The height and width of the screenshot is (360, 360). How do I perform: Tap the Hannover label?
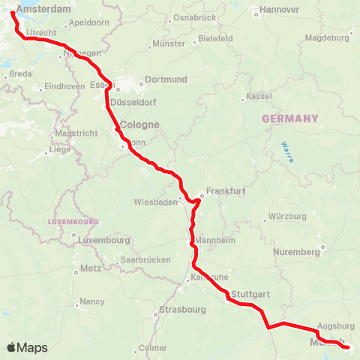(279, 10)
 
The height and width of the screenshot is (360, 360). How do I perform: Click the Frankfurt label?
(226, 191)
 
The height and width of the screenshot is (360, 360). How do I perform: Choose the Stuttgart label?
(250, 293)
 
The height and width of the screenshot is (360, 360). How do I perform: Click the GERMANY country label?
(289, 118)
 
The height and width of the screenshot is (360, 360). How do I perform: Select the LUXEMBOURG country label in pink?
(73, 222)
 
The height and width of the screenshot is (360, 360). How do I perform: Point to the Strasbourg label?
(182, 309)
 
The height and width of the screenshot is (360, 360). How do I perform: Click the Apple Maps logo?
(27, 347)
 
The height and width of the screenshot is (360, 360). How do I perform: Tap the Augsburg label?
(336, 326)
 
